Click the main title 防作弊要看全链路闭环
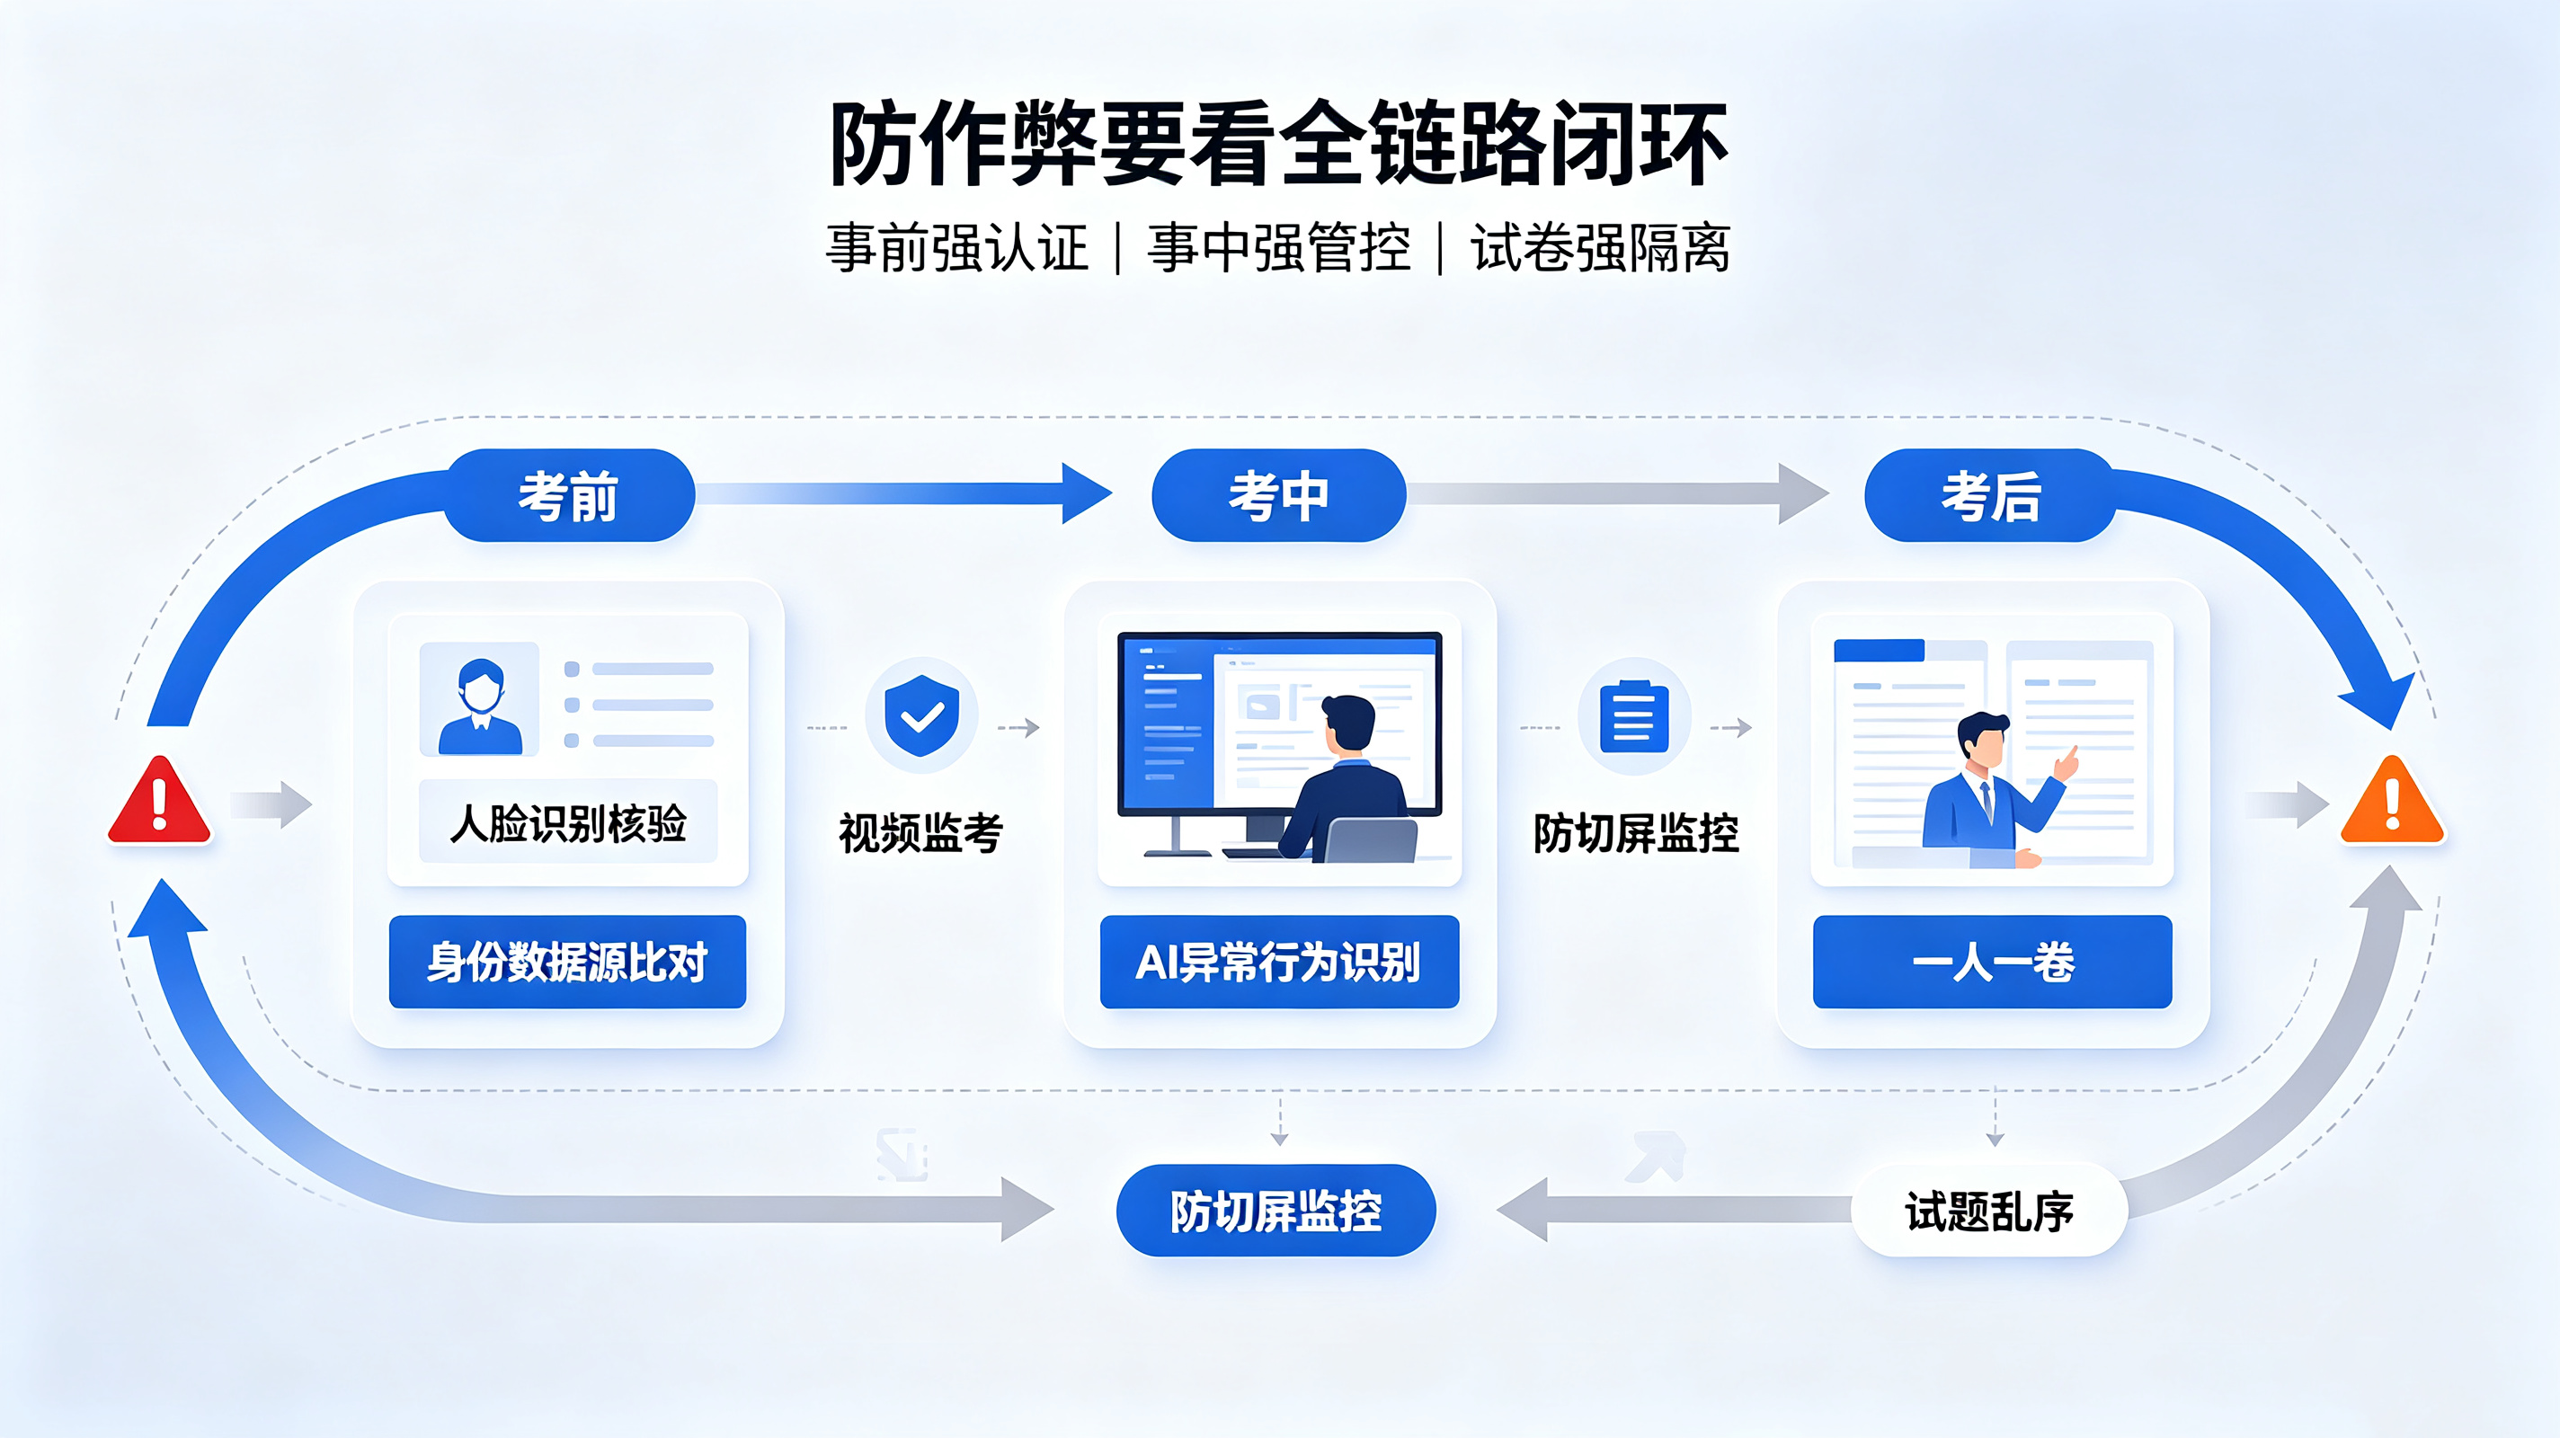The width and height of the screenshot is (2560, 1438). pos(1279,144)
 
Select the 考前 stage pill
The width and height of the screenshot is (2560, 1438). pos(568,495)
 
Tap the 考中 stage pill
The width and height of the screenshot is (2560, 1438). pos(1279,495)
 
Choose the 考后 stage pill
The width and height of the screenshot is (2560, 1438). pos(1990,495)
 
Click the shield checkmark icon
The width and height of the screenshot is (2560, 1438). pos(922,715)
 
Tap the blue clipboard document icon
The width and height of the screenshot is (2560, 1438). pos(1634,716)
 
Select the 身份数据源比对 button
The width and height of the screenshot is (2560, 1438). pos(567,962)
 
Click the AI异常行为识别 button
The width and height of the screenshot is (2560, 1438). pos(1279,962)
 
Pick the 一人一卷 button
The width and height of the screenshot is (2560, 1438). pos(1993,962)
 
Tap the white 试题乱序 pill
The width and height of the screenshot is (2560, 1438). pos(1989,1211)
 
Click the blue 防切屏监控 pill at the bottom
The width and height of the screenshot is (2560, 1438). pos(1276,1211)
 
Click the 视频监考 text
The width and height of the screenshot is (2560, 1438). pos(921,833)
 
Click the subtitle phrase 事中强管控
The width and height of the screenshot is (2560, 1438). pos(1279,247)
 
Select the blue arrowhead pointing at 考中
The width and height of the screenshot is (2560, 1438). pos(1086,493)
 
